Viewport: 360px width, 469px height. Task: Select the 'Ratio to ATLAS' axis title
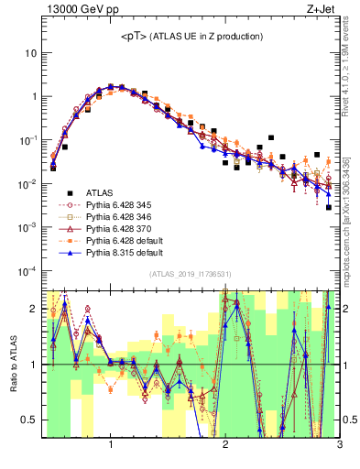click(12, 364)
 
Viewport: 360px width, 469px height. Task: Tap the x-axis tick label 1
click(111, 446)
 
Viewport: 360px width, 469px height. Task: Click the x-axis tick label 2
click(225, 446)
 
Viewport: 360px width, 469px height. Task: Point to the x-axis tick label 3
click(339, 446)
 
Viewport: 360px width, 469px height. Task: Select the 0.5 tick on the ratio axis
click(28, 420)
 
